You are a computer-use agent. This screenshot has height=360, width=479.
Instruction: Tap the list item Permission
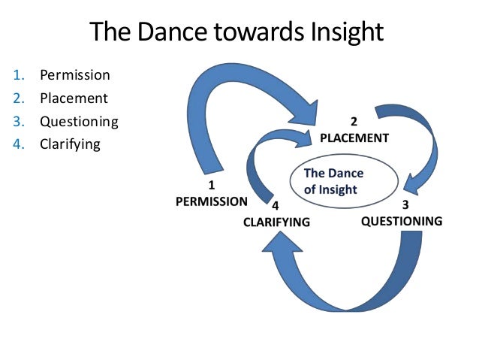[x=74, y=75]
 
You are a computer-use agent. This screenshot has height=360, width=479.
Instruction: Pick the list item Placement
[x=74, y=98]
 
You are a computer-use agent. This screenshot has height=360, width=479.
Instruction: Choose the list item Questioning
[x=79, y=121]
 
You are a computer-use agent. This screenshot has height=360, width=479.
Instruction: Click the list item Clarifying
[x=70, y=144]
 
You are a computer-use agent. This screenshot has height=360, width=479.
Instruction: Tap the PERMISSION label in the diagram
[x=211, y=201]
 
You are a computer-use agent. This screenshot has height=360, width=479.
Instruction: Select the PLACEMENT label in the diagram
[x=354, y=138]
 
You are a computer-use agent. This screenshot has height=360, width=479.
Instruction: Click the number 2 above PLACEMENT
[x=355, y=122]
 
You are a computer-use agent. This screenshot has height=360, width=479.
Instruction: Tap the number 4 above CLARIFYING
[x=276, y=205]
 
